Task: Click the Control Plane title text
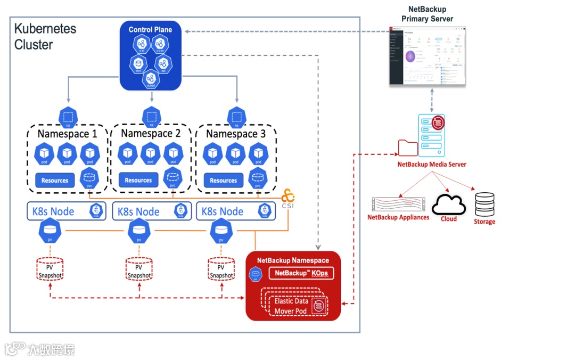[x=150, y=29]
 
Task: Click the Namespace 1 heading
[x=67, y=134]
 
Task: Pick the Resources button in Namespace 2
[x=138, y=180]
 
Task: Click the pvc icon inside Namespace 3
[x=258, y=178]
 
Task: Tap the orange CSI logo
[x=289, y=197]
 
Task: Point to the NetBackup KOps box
[x=301, y=273]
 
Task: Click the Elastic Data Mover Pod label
[x=291, y=306]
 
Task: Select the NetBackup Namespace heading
[x=293, y=260]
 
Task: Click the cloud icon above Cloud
[x=448, y=204]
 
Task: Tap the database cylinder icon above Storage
[x=484, y=204]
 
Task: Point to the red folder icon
[x=407, y=148]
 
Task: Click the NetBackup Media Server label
[x=432, y=165]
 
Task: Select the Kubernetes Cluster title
[x=45, y=36]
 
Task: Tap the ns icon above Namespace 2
[x=151, y=117]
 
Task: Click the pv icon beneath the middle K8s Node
[x=139, y=232]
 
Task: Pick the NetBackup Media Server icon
[x=431, y=134]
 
